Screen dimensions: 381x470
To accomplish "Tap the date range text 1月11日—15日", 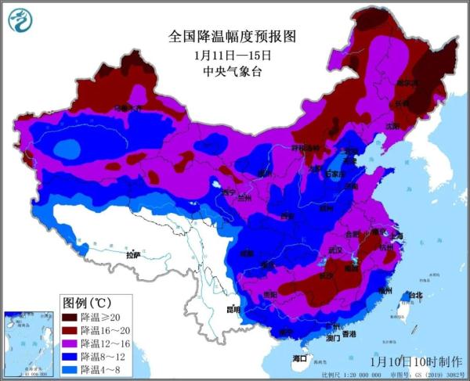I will [233, 56].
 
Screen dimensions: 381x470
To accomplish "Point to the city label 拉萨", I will [132, 254].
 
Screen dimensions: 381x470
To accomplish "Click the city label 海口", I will [299, 358].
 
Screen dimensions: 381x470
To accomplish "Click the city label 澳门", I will [332, 339].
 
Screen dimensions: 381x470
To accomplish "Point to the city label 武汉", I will [336, 250].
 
